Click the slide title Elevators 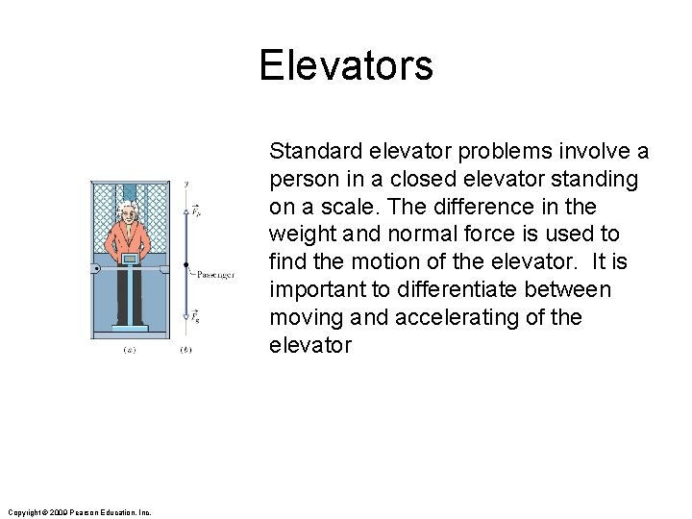point(346,66)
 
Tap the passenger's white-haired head point(127,213)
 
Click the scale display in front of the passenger point(128,259)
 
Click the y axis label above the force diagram point(185,183)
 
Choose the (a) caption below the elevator point(129,350)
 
